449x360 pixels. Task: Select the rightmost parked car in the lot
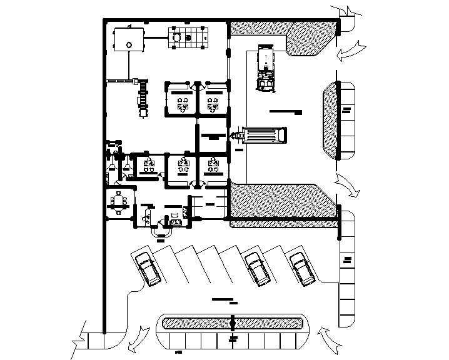(x=301, y=269)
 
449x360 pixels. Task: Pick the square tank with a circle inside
(x=128, y=42)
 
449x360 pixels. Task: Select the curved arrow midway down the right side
(x=346, y=185)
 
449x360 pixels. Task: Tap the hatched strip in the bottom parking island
(x=233, y=323)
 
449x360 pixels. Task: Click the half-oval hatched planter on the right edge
(x=329, y=122)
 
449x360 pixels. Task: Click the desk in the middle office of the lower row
(x=183, y=166)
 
